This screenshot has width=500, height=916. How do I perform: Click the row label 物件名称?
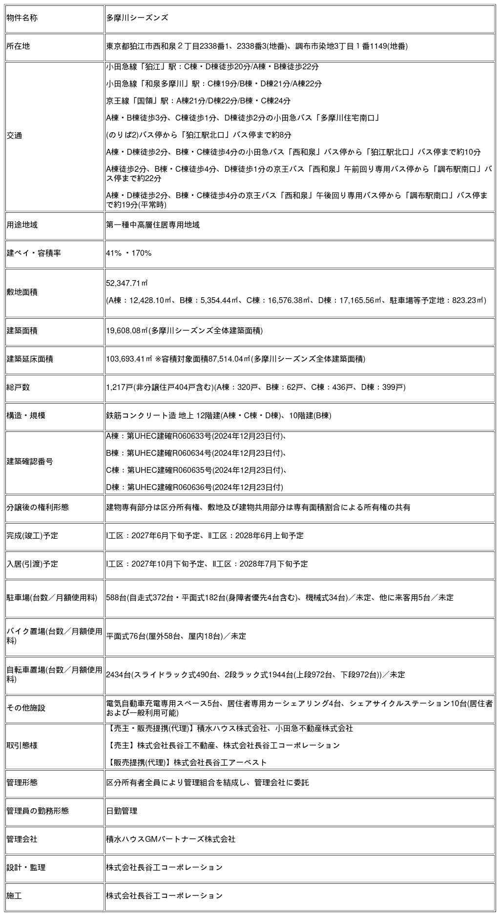(22, 18)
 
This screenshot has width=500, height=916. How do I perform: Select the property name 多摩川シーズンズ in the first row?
(137, 18)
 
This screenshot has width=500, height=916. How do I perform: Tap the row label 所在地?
(18, 46)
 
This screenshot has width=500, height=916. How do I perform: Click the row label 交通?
(14, 136)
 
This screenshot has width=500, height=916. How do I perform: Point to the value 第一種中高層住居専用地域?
(153, 225)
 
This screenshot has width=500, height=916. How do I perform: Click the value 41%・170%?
(129, 253)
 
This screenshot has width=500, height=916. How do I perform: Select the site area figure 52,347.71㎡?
(127, 284)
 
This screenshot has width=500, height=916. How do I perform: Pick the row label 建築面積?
(22, 331)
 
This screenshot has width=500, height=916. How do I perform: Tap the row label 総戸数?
(18, 387)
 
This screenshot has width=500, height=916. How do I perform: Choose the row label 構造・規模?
(26, 416)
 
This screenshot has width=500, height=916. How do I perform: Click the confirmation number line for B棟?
(196, 453)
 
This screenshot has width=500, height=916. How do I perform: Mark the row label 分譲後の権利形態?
(38, 508)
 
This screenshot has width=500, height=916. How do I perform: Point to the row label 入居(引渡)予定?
(32, 564)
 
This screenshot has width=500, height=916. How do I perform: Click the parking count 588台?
(116, 598)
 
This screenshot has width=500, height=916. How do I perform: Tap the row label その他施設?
(26, 708)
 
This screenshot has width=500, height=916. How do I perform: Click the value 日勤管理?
(122, 811)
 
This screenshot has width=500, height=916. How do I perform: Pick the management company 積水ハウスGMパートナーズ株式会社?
(170, 839)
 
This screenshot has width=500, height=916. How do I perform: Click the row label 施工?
(14, 896)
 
